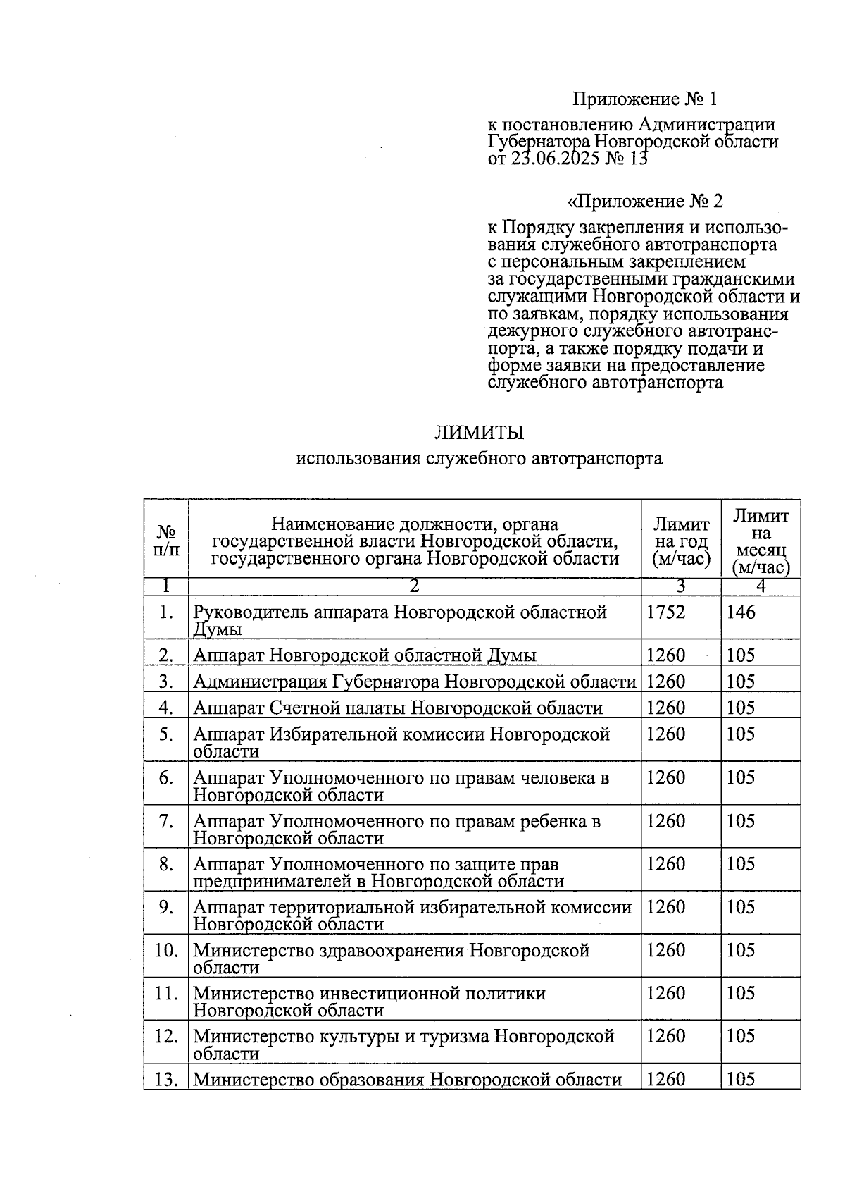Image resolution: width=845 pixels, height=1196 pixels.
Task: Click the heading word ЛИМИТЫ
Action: point(479,432)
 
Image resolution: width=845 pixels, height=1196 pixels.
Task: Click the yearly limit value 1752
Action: point(665,612)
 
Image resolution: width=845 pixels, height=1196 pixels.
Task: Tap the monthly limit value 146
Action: point(741,612)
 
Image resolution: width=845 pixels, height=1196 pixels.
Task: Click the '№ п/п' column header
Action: point(166,540)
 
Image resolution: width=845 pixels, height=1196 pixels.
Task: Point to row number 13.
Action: point(165,1079)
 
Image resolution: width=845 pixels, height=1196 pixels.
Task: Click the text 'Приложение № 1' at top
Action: point(644,99)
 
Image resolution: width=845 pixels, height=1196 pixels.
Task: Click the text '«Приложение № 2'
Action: point(644,202)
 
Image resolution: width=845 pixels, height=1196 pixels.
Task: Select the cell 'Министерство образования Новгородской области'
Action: point(407,1079)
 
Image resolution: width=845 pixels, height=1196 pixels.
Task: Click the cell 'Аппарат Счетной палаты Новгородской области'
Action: point(398,708)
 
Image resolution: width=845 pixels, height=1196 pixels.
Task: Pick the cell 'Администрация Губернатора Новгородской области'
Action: point(414,682)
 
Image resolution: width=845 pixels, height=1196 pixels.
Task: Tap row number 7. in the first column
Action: point(165,821)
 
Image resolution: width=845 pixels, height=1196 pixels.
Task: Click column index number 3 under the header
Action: point(680,586)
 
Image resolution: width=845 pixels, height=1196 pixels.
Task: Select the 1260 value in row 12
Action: point(665,1036)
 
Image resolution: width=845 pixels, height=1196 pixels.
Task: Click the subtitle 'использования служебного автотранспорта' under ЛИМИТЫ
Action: point(479,459)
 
